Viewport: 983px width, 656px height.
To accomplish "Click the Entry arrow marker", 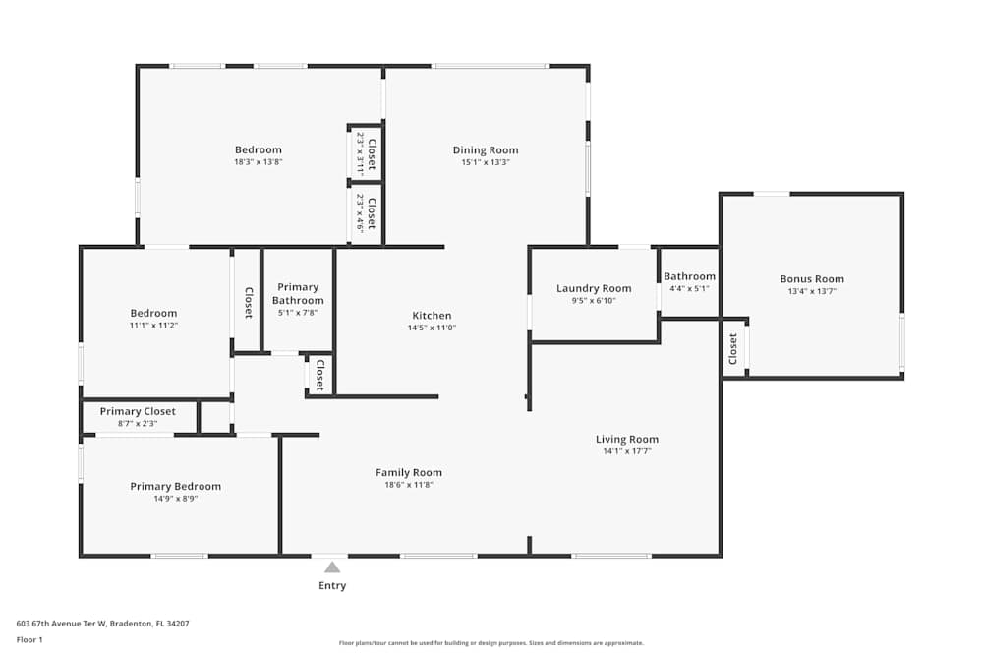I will (x=332, y=567).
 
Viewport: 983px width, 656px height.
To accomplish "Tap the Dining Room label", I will (x=485, y=150).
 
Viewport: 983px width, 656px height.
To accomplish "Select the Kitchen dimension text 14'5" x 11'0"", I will (x=432, y=328).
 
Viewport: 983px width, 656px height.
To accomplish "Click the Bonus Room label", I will (x=812, y=279).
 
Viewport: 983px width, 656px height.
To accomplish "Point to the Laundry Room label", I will (x=594, y=288).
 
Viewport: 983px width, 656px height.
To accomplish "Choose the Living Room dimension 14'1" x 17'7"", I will (x=626, y=451).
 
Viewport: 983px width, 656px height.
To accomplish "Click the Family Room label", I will (x=409, y=472).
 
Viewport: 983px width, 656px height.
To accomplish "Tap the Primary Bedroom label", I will (x=176, y=486).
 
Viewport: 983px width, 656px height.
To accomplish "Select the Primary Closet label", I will (x=138, y=411).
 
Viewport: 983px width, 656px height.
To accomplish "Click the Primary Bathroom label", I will (x=298, y=293).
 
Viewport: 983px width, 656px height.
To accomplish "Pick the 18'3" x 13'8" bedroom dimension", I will (x=258, y=161).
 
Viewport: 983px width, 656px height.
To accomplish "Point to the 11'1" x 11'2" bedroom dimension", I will (x=153, y=325).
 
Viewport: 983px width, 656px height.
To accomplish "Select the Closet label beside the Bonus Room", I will (x=733, y=349).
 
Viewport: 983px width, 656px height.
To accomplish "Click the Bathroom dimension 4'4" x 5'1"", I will (x=689, y=288).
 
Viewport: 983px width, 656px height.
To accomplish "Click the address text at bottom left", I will (x=102, y=623).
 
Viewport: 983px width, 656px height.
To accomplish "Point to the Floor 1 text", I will (x=29, y=639).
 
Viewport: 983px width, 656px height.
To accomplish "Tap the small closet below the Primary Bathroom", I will (x=319, y=375).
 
